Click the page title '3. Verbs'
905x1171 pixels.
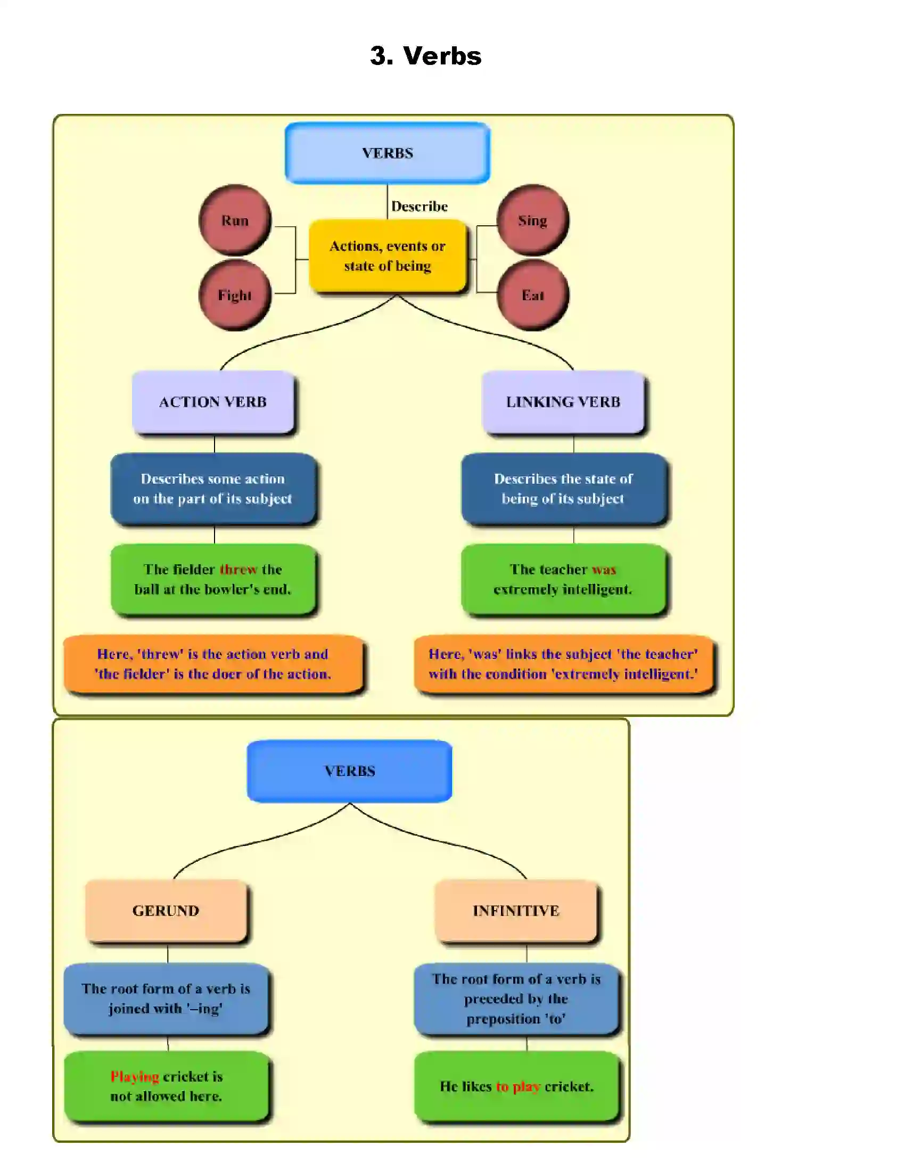tap(426, 56)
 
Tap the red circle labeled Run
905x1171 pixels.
tap(235, 220)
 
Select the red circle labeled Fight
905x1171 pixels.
tap(235, 295)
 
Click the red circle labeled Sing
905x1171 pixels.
tap(532, 220)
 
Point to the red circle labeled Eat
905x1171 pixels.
tap(532, 295)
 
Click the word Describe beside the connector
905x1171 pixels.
tap(419, 207)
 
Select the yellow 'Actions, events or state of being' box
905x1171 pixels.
tap(388, 255)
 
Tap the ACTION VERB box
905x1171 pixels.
tap(213, 401)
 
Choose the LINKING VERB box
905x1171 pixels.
tap(563, 401)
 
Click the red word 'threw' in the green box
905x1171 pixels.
tap(238, 570)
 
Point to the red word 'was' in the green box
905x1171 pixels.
tap(604, 570)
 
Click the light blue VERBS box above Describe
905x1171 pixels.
tap(387, 153)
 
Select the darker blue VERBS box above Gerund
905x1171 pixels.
tap(350, 771)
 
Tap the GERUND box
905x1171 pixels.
tap(166, 910)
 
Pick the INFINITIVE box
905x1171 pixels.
tap(516, 910)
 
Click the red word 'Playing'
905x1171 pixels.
tap(135, 1077)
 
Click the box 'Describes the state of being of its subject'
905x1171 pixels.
tap(563, 489)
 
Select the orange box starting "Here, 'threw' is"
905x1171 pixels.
tap(213, 664)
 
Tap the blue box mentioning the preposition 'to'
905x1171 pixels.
tap(516, 999)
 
